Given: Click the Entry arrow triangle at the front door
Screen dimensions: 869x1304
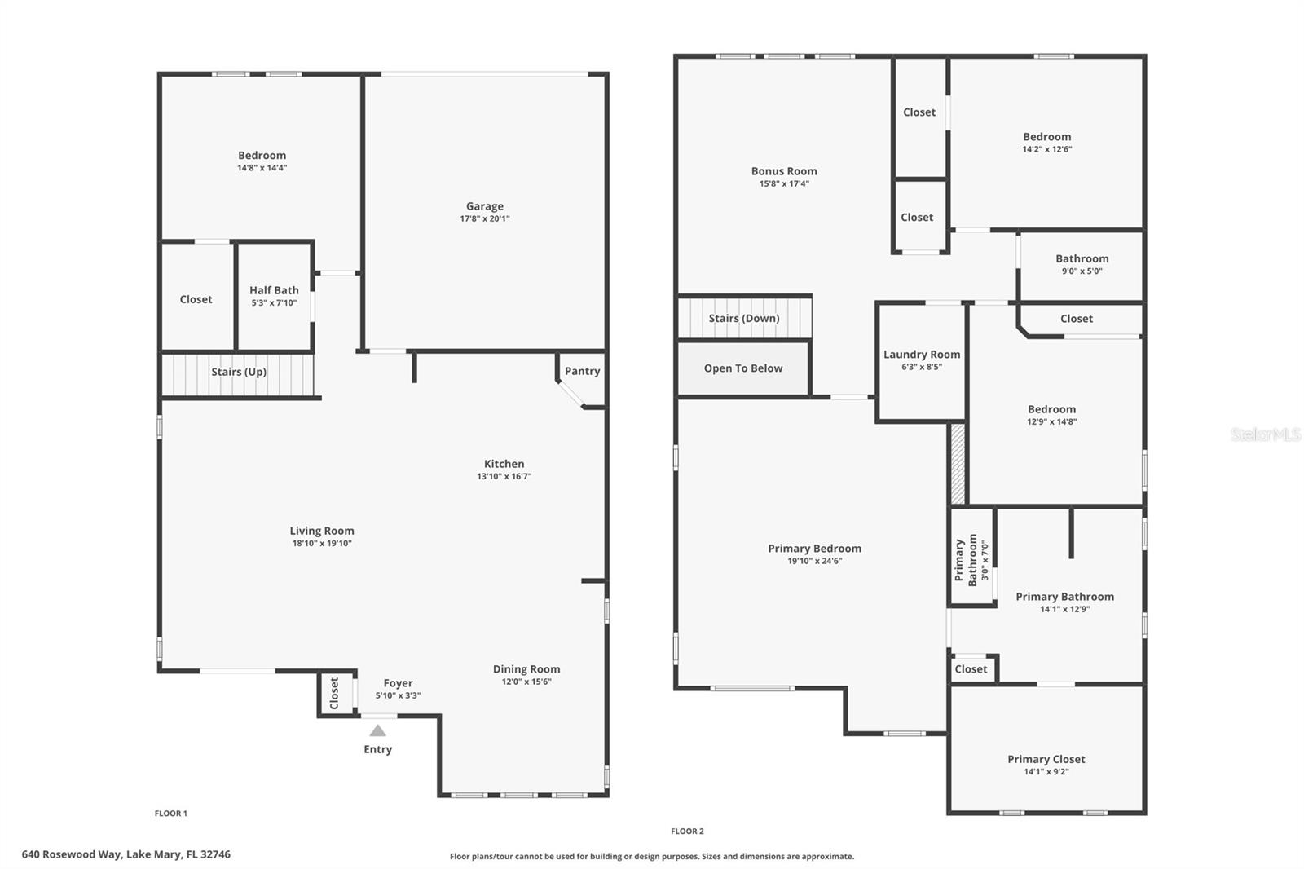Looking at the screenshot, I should (377, 730).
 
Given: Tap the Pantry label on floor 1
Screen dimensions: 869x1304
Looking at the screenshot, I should (582, 371).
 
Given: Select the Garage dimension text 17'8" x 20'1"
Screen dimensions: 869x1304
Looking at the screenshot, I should (484, 218).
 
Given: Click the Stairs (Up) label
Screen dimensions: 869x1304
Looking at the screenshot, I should (239, 372).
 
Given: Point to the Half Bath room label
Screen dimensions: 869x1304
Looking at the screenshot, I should (274, 290).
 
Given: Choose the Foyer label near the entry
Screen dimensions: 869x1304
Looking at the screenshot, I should (398, 683).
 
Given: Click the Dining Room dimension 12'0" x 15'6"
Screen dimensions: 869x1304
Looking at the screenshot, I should (526, 682).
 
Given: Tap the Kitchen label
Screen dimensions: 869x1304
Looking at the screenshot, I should (504, 464).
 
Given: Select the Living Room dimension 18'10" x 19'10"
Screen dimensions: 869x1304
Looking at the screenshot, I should (322, 543).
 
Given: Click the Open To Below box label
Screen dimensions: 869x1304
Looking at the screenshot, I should (743, 368).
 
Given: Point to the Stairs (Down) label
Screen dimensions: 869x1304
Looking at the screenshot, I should (743, 318).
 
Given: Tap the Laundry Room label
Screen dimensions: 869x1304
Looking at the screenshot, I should (922, 355).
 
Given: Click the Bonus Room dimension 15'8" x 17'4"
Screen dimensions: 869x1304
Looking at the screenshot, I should (784, 183).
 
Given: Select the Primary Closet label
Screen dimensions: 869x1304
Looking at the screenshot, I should (1046, 759).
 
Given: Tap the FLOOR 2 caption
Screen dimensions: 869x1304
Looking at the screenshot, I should (687, 831).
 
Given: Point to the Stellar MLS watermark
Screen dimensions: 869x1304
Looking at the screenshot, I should (1265, 434).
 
